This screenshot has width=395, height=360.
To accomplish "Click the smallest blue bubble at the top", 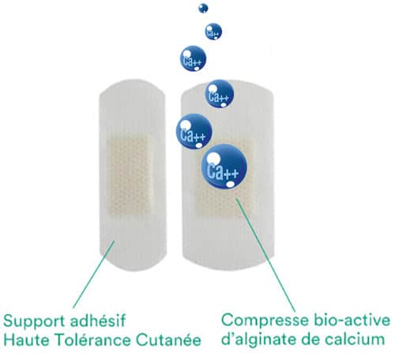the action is [x=203, y=8].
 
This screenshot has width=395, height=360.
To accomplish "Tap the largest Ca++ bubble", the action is [x=224, y=167].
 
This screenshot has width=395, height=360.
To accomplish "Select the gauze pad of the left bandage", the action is [x=128, y=174].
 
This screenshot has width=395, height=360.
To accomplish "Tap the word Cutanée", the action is [x=169, y=340].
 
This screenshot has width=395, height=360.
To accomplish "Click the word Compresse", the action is [x=265, y=321].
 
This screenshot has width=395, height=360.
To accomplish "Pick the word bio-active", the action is [x=352, y=320].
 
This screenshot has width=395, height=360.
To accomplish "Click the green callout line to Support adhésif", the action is [x=94, y=274].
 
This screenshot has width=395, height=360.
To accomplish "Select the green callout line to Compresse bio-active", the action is [x=265, y=255].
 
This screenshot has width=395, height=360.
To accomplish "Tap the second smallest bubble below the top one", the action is [x=213, y=32].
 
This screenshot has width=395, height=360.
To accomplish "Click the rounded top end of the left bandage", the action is [x=133, y=87].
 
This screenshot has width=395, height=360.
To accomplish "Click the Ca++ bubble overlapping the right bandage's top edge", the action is [x=220, y=94].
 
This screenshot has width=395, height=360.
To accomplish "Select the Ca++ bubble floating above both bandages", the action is [x=193, y=58].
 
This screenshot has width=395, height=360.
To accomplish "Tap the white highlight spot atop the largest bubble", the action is [x=213, y=158].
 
